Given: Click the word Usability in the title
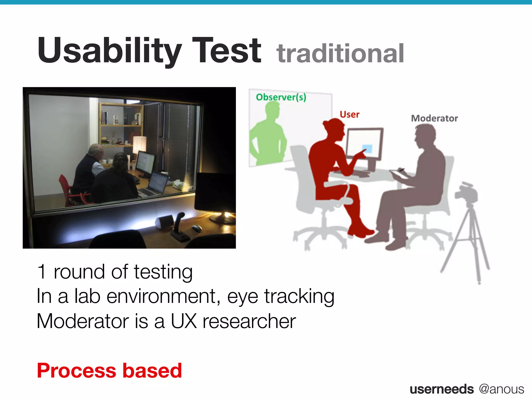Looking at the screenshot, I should [109, 51].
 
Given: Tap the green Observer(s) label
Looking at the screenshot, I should [281, 97].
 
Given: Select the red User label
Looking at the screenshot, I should [349, 115].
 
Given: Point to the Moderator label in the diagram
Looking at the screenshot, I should [434, 118].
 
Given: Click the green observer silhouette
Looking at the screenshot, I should [268, 135].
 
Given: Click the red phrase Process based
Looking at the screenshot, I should [109, 370].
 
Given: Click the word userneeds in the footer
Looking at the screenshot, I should [442, 389].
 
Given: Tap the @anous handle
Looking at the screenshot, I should [501, 389].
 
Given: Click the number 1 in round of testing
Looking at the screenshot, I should [42, 272].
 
